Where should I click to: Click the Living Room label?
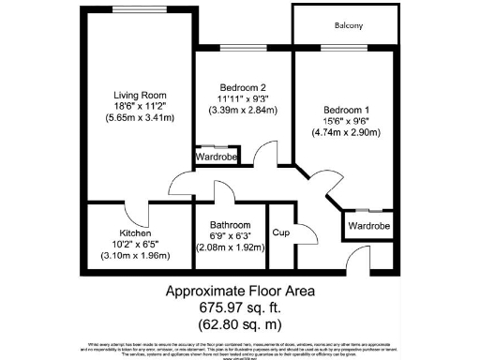click(x=140, y=96)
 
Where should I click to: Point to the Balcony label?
click(x=348, y=25)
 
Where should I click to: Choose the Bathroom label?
click(x=230, y=226)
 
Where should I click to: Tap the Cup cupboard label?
click(x=279, y=232)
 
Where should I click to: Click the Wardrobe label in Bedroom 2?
click(x=217, y=158)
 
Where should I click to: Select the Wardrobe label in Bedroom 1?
click(x=368, y=226)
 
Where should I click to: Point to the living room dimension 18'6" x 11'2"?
click(x=140, y=108)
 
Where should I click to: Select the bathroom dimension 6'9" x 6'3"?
click(x=230, y=237)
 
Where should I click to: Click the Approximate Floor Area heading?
click(x=240, y=290)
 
